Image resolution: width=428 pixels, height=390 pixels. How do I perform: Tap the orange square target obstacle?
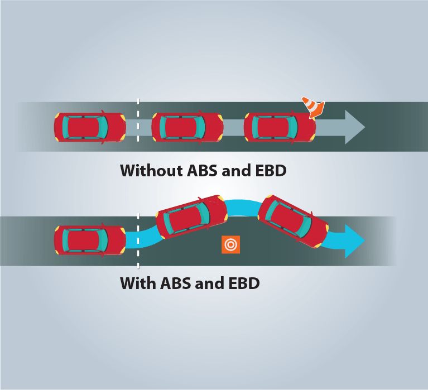pos(230,244)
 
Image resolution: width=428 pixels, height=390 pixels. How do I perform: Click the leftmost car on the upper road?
pos(90,128)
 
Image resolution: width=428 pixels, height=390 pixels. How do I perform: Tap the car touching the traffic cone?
pos(280,128)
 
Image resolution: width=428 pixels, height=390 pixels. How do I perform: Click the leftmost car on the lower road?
pos(90,240)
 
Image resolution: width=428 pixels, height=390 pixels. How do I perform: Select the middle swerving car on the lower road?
pos(192,217)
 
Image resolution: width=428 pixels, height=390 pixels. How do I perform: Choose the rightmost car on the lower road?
pos(293,221)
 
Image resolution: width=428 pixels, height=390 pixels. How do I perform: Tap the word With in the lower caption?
pos(138,283)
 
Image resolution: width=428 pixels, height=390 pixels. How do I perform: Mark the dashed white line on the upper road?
pos(138,120)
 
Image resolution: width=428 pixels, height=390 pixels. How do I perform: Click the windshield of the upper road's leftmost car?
pos(103,128)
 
